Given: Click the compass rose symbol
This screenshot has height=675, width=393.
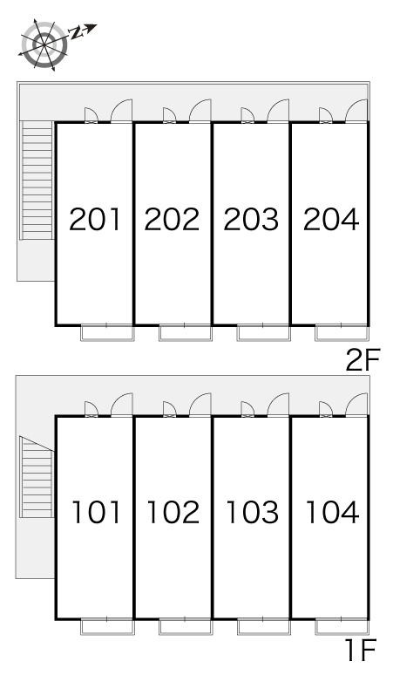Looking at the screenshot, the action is [44, 44].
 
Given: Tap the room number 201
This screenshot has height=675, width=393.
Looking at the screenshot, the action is [95, 219].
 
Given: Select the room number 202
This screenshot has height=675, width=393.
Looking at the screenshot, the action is [172, 219].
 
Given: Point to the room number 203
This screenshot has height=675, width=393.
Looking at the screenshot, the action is [251, 219].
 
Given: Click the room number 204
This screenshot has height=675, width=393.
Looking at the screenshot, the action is [331, 219].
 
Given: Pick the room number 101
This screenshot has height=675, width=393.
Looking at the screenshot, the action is [96, 512].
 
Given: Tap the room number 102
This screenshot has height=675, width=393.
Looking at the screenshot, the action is [173, 512].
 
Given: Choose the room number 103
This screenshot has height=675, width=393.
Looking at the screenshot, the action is [253, 512].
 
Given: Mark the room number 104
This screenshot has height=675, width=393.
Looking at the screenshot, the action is [332, 512].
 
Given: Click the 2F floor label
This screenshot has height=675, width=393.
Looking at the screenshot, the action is [363, 360].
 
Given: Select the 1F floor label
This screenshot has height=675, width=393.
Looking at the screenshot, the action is [361, 650].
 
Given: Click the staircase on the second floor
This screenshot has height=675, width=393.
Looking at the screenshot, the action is [37, 180].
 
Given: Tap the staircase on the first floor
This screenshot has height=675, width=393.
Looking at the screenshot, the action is [37, 476].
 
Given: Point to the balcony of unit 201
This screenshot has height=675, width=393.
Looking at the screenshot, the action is [107, 333].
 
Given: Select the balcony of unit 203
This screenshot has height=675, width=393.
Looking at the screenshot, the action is [263, 333].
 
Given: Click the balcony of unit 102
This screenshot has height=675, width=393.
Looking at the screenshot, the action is [186, 627].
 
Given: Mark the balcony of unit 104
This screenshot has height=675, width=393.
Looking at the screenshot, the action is [342, 627].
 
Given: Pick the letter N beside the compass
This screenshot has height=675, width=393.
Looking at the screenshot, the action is [76, 33].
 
